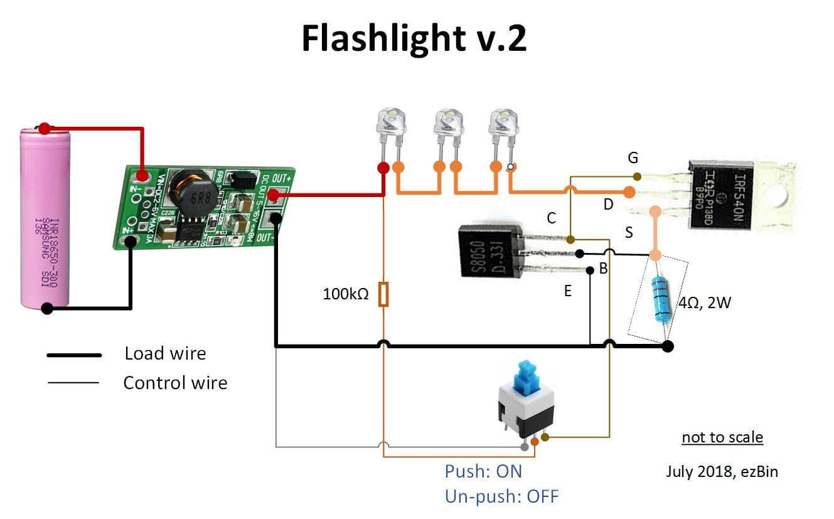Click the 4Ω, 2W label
pos(705,304)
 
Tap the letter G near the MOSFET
pos(633,158)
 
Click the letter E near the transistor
pos(567,291)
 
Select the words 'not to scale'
pos(722,437)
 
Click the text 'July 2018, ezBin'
pos(722,471)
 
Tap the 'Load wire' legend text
pos(165,353)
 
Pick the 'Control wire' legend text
pos(175,383)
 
